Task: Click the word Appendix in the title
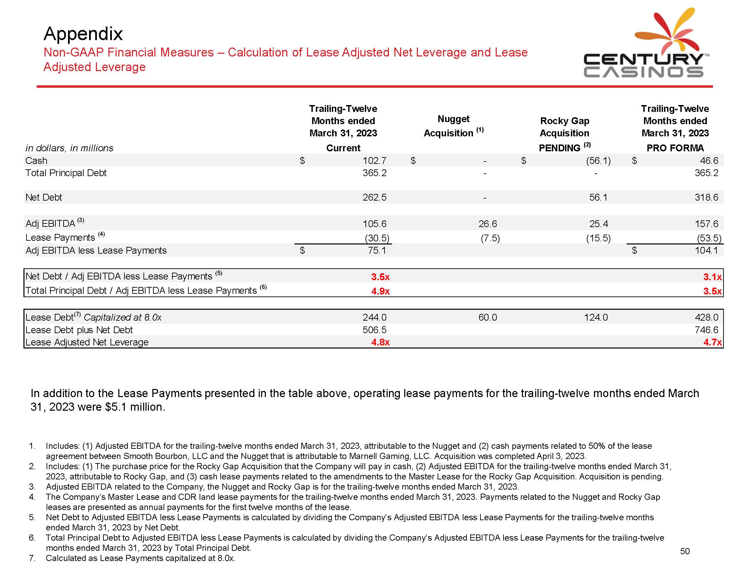tap(83, 34)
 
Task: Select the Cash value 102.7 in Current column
tap(374, 160)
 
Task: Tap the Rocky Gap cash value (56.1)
tap(598, 160)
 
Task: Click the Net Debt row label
tap(44, 197)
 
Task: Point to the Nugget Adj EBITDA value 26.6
tap(487, 224)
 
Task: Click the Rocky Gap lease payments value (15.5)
tap(598, 238)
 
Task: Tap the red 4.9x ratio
tap(380, 291)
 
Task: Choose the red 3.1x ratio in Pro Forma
tap(712, 277)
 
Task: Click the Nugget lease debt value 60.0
tap(487, 318)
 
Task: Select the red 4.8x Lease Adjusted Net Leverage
tap(380, 342)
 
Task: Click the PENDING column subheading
tap(559, 148)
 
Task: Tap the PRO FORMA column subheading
tap(675, 148)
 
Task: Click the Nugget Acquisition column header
tap(453, 126)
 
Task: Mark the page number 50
tap(685, 551)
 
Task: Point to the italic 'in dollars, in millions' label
tap(69, 148)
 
